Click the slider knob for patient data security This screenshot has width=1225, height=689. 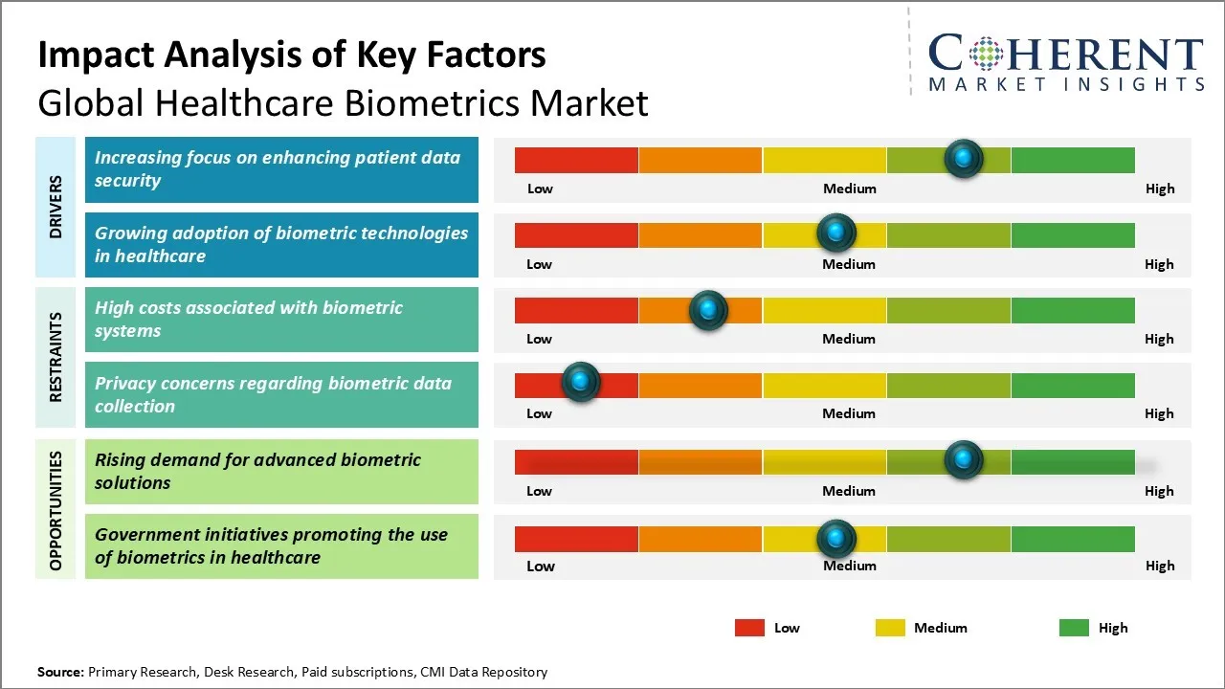pyautogui.click(x=964, y=158)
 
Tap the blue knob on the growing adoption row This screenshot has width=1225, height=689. pyautogui.click(x=836, y=233)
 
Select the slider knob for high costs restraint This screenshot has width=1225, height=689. pyautogui.click(x=708, y=309)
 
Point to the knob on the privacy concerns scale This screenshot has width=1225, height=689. pyautogui.click(x=580, y=382)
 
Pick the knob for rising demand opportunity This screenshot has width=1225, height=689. pyautogui.click(x=964, y=459)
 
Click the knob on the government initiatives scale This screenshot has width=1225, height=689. pyautogui.click(x=836, y=538)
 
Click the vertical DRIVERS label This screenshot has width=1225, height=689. pyautogui.click(x=56, y=207)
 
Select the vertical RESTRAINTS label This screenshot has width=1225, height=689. pyautogui.click(x=56, y=356)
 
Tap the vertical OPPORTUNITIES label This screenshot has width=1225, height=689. pyautogui.click(x=56, y=511)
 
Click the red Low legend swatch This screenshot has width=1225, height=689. pyautogui.click(x=749, y=628)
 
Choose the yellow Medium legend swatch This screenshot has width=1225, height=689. pyautogui.click(x=890, y=628)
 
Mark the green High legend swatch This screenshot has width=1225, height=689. pyautogui.click(x=1074, y=628)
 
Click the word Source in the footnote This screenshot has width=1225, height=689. pyautogui.click(x=60, y=672)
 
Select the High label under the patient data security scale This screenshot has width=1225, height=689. pyautogui.click(x=1160, y=189)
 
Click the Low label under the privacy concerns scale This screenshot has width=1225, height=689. pyautogui.click(x=539, y=413)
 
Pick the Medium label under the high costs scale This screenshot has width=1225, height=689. pyautogui.click(x=849, y=339)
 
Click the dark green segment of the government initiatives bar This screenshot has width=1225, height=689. pyautogui.click(x=1073, y=539)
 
